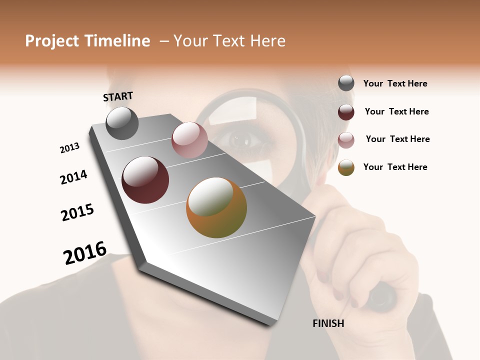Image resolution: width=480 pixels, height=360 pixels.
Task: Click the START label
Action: pyautogui.click(x=118, y=96)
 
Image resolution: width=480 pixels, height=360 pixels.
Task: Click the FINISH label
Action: pyautogui.click(x=328, y=323)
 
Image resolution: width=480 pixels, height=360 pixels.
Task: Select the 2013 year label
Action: pyautogui.click(x=69, y=148)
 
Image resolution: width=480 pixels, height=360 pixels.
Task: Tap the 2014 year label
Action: pyautogui.click(x=73, y=177)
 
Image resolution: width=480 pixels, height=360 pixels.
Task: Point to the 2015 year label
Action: pyautogui.click(x=77, y=212)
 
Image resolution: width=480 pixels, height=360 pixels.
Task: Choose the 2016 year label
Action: pyautogui.click(x=85, y=252)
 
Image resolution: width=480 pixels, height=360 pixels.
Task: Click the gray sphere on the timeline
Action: pyautogui.click(x=122, y=123)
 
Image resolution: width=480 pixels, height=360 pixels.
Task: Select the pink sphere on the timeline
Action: pyautogui.click(x=189, y=139)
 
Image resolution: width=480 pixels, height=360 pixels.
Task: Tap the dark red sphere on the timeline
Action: pyautogui.click(x=145, y=180)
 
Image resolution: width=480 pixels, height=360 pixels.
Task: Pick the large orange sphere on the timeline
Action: pyautogui.click(x=216, y=207)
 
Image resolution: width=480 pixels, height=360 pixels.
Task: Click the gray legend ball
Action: pyautogui.click(x=346, y=83)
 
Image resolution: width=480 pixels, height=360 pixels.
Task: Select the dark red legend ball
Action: pyautogui.click(x=346, y=112)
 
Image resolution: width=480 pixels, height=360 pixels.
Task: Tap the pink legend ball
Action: pyautogui.click(x=346, y=140)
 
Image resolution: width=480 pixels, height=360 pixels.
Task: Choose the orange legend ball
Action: pyautogui.click(x=346, y=168)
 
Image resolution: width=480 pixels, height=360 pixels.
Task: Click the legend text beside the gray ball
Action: pyautogui.click(x=395, y=83)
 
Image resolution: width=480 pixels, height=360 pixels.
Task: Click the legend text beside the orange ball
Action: pyautogui.click(x=395, y=167)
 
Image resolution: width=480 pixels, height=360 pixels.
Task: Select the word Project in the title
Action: pyautogui.click(x=52, y=41)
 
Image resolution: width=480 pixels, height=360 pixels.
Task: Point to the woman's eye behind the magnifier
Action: pyautogui.click(x=243, y=141)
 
